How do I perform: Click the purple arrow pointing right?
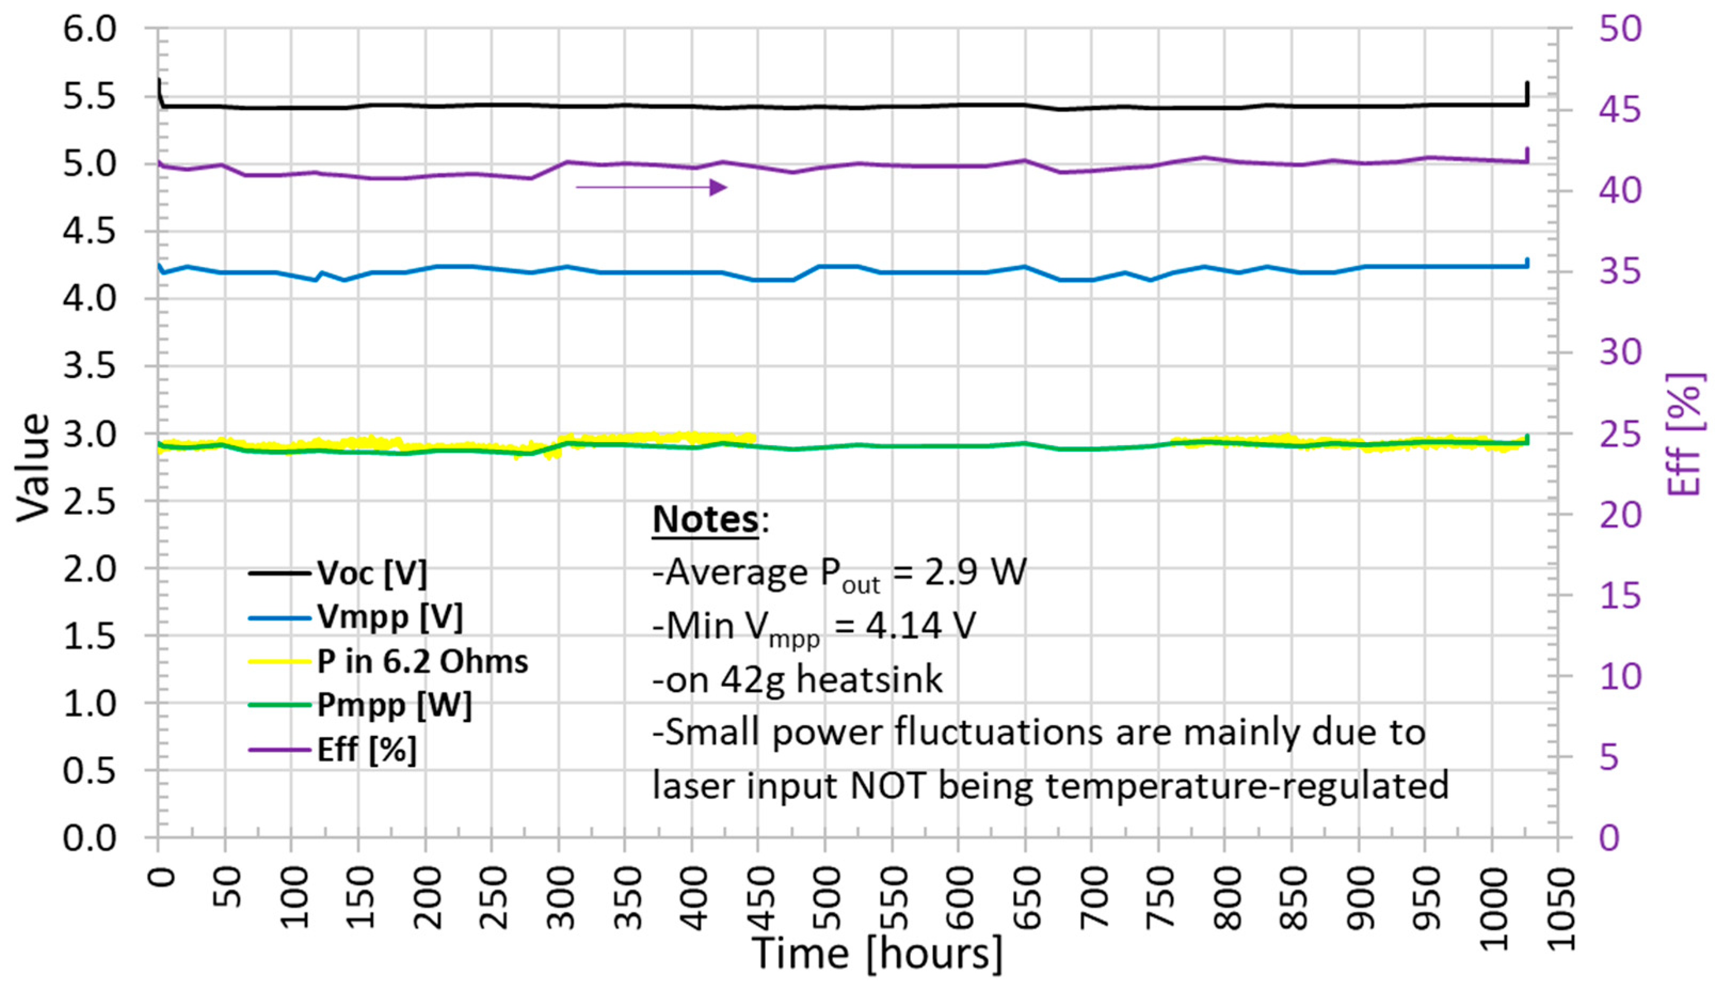tap(651, 187)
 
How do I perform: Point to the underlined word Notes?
tap(705, 519)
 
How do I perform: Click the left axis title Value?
tap(33, 468)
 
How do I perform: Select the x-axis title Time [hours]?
tap(877, 953)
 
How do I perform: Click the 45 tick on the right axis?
tap(1619, 109)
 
